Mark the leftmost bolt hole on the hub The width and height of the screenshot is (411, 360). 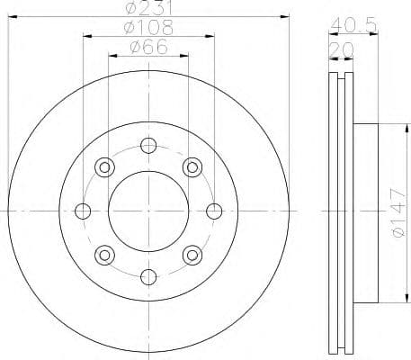[x=83, y=211]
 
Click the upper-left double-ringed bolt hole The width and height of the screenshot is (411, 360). [x=104, y=167]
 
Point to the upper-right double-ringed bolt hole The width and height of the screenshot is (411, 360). [x=192, y=167]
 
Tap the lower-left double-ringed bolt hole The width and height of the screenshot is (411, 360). [x=104, y=254]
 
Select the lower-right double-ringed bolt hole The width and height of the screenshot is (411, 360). [x=192, y=254]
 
